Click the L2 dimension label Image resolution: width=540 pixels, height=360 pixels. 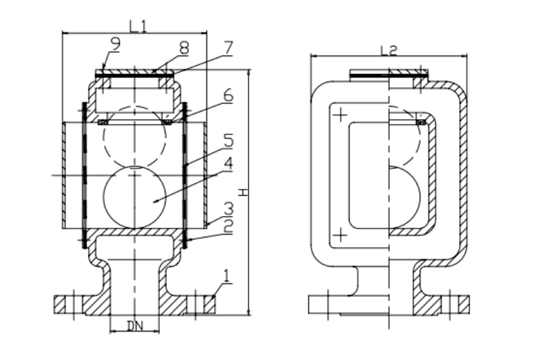coord(389,49)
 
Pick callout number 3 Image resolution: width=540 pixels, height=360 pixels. coord(227,208)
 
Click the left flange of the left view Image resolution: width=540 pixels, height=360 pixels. coord(69,303)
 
